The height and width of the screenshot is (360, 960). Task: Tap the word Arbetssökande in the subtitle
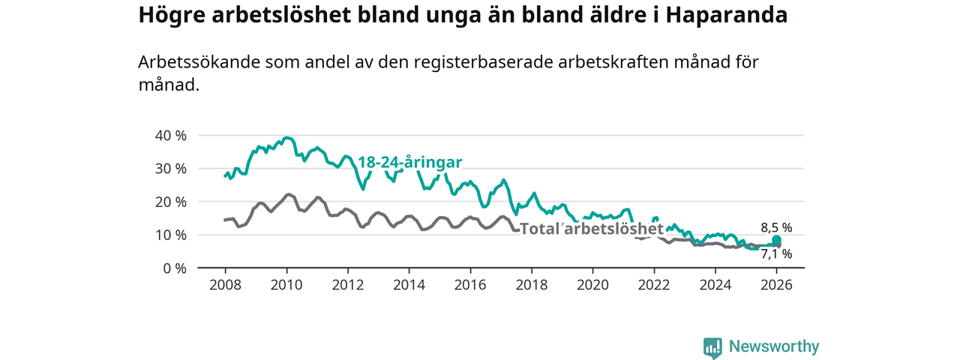(x=198, y=62)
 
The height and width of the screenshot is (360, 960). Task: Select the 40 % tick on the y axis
(x=170, y=135)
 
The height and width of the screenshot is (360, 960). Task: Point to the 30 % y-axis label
(x=170, y=168)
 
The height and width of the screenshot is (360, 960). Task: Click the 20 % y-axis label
(x=170, y=202)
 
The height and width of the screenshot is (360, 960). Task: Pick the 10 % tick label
(x=170, y=235)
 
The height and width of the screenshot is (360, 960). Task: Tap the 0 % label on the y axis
(x=174, y=268)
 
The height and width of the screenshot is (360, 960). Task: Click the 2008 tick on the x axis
(x=225, y=285)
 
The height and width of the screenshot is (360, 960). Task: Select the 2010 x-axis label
(x=286, y=285)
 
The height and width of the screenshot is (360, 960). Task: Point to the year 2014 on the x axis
(x=409, y=285)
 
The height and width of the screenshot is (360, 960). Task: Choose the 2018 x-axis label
(x=531, y=285)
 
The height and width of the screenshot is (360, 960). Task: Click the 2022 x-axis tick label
(x=654, y=285)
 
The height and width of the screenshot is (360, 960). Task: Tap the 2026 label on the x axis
(x=776, y=285)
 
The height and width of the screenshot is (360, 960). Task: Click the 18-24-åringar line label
(x=409, y=162)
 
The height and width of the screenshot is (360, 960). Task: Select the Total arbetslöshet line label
(x=592, y=229)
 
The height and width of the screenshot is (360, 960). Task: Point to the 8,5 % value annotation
(x=776, y=227)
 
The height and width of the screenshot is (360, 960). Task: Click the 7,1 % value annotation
(x=776, y=254)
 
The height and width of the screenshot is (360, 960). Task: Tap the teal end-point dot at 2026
(x=777, y=240)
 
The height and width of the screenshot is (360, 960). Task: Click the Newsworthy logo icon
(x=712, y=347)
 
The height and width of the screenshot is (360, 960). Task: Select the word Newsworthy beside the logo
(x=774, y=346)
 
